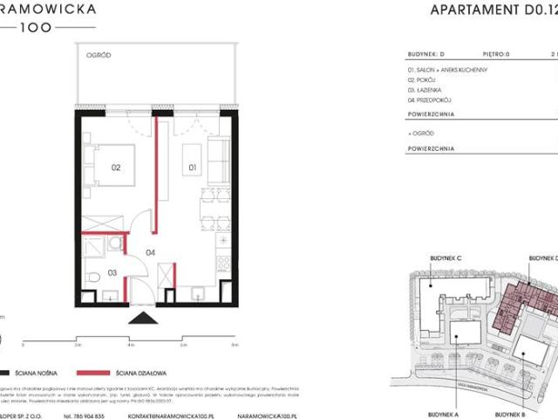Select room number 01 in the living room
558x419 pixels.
click(x=193, y=163)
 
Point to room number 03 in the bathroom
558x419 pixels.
click(x=112, y=273)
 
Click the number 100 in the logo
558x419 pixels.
click(x=37, y=27)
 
